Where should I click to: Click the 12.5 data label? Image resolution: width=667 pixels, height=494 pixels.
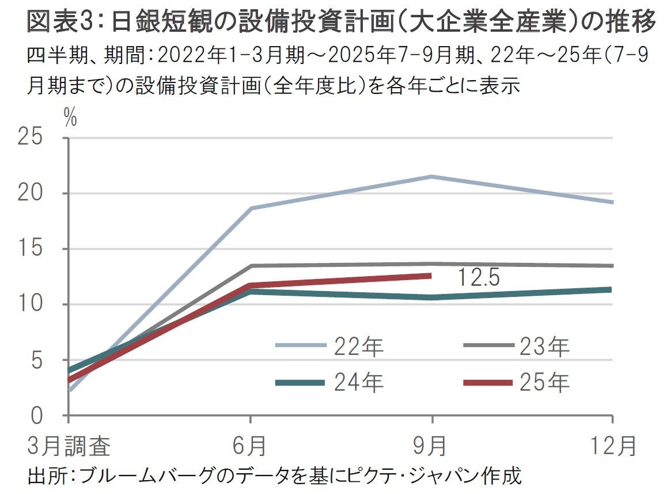click(479, 278)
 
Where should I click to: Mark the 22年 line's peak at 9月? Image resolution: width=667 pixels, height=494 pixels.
click(431, 176)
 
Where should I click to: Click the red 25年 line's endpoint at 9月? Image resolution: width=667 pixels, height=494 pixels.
click(430, 276)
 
